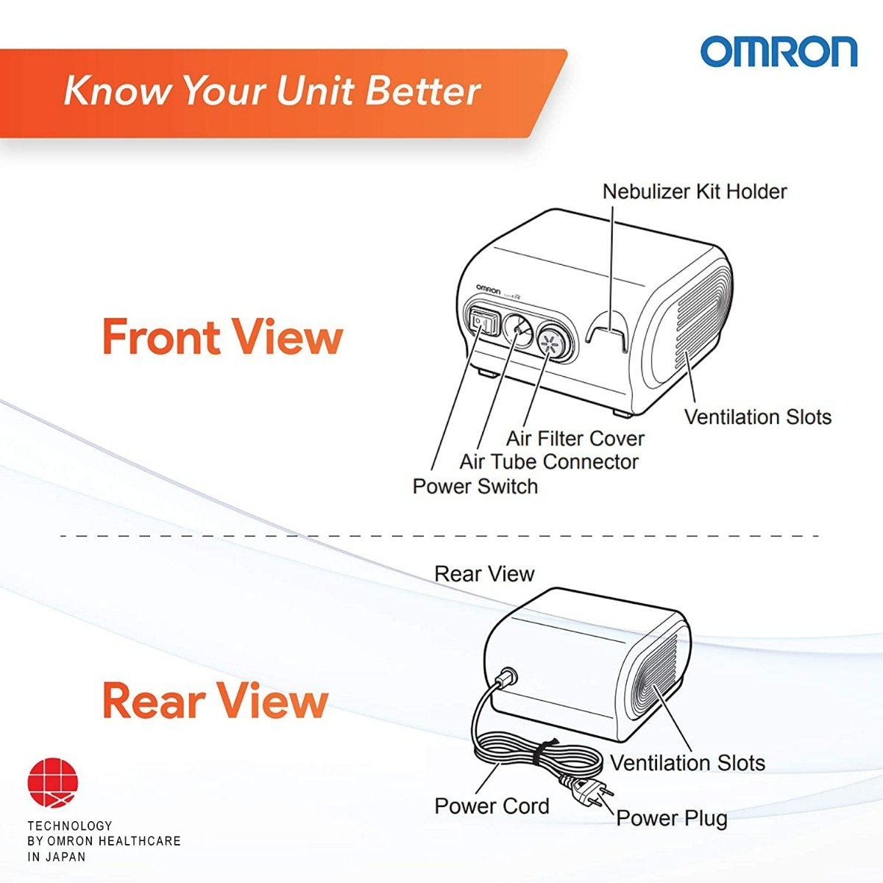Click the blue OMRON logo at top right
779,52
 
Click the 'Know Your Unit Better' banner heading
272,91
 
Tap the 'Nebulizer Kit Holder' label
694,191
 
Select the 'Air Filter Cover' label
575,439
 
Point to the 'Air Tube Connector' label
548,462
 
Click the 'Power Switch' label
475,486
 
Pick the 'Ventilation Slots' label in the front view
757,416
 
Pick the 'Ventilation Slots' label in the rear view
687,763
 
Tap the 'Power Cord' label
492,806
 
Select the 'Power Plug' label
671,818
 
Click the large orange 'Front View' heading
222,337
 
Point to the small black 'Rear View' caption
484,574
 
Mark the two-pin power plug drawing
592,792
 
